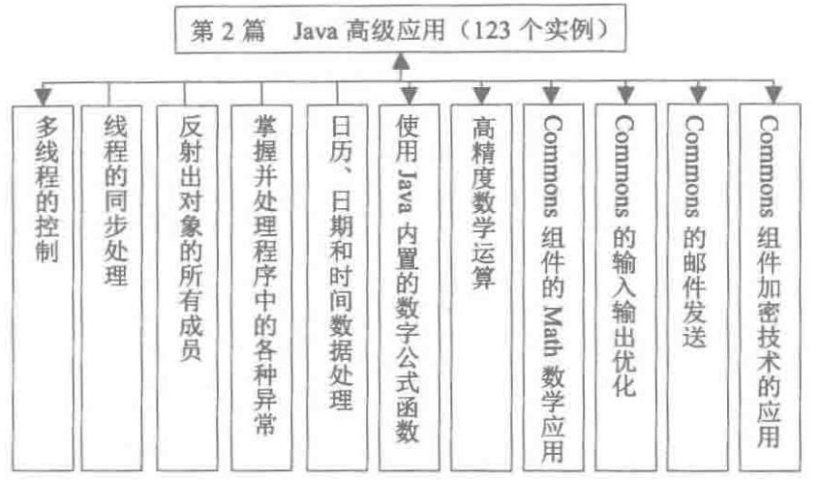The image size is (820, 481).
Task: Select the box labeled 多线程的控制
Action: (x=45, y=281)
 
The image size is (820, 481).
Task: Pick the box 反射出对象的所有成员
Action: (x=191, y=281)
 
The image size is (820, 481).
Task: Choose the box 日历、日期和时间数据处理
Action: (x=336, y=281)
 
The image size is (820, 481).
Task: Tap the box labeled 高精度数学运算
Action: (x=482, y=281)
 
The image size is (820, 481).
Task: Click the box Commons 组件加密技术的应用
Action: (x=771, y=281)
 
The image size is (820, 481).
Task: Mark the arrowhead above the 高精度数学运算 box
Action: (x=481, y=96)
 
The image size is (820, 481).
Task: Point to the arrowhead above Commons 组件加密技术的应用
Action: (x=771, y=96)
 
